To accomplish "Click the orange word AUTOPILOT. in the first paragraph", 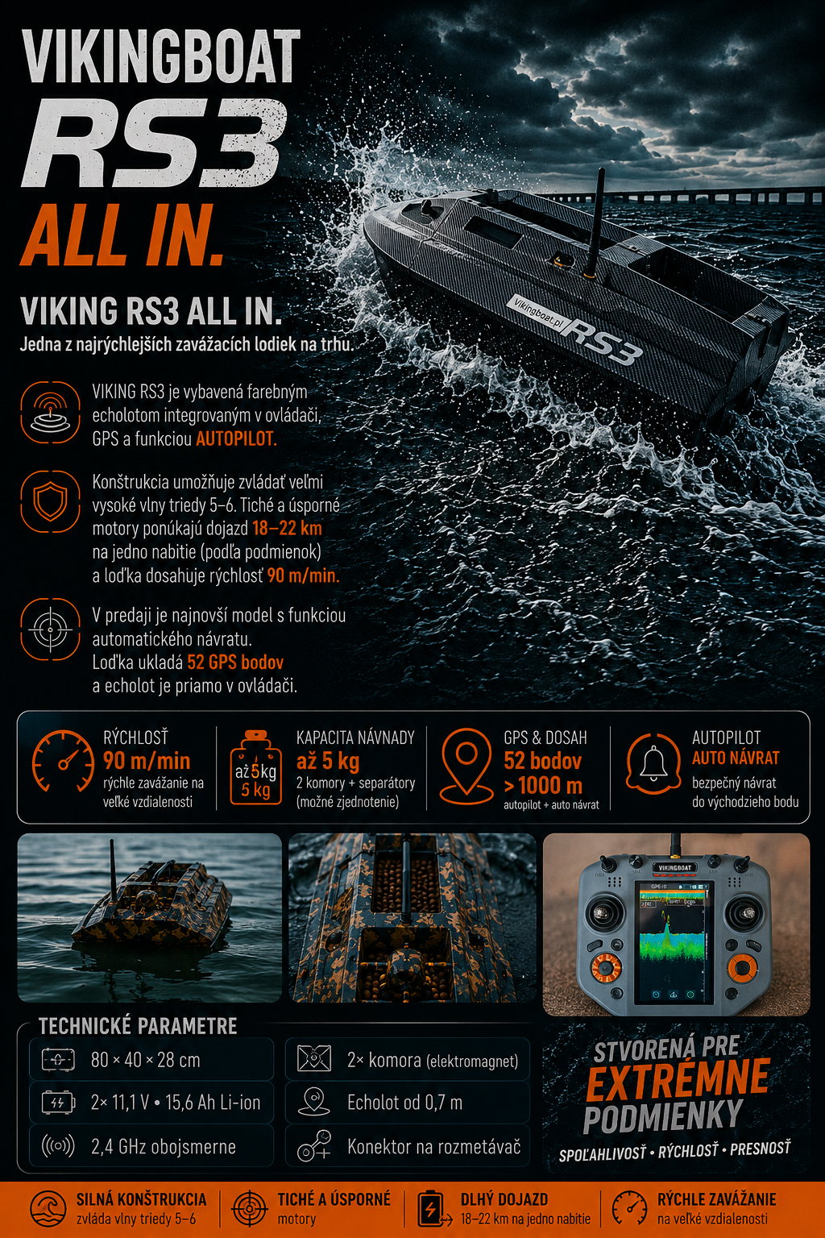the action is (x=236, y=438).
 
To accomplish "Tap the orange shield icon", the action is (x=50, y=501).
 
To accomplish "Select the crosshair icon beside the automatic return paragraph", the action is (x=50, y=629).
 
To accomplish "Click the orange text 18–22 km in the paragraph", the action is (x=287, y=529).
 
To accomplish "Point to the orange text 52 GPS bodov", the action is (x=234, y=662).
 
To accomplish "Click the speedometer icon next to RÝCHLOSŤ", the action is (x=63, y=761).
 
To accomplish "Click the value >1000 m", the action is (x=543, y=785).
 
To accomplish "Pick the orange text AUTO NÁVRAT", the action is (x=736, y=758).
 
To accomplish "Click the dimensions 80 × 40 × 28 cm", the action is (x=145, y=1060).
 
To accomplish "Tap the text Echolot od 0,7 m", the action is (x=404, y=1103).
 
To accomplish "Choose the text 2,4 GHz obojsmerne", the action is (x=163, y=1147).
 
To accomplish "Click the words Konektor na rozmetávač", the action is (x=433, y=1146).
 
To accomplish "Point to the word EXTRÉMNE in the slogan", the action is (x=678, y=1078).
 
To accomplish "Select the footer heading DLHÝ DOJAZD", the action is (x=504, y=1199).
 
